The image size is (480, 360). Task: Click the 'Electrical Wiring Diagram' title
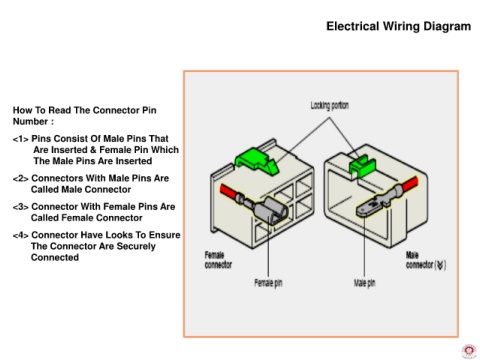(398, 26)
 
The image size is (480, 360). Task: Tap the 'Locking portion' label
(330, 106)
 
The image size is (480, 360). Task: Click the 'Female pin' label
(268, 283)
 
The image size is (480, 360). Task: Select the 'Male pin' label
(364, 283)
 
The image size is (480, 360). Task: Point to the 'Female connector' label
(218, 260)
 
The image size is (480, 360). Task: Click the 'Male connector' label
(426, 260)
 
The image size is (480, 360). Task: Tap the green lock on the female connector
(257, 161)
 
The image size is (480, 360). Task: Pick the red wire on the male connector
(410, 184)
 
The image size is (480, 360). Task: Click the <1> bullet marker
(21, 139)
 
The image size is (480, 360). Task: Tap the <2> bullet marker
(21, 179)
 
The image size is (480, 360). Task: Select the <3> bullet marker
(21, 207)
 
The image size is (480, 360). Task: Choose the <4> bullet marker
(21, 235)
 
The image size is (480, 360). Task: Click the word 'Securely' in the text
(137, 247)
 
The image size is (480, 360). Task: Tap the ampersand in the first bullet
(93, 150)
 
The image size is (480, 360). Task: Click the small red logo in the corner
(469, 351)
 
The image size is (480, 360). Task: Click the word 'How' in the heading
(23, 110)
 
